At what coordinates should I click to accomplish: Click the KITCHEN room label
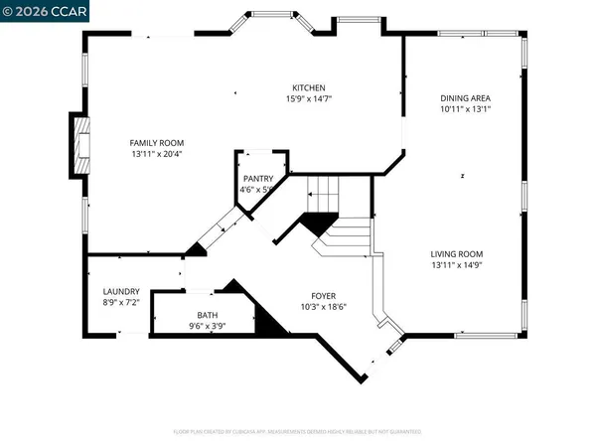click(309, 87)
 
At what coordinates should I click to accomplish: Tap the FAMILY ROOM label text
click(156, 143)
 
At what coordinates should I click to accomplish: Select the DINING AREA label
click(466, 97)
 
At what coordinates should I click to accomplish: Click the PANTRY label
click(258, 178)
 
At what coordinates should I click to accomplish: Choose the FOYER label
click(324, 296)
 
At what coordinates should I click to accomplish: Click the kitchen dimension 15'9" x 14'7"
click(309, 99)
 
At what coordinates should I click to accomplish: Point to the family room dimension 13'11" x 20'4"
click(156, 154)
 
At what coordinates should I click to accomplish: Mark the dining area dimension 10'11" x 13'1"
click(466, 109)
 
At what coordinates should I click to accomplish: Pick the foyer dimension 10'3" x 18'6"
click(324, 307)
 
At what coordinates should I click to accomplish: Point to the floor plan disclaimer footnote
click(298, 432)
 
